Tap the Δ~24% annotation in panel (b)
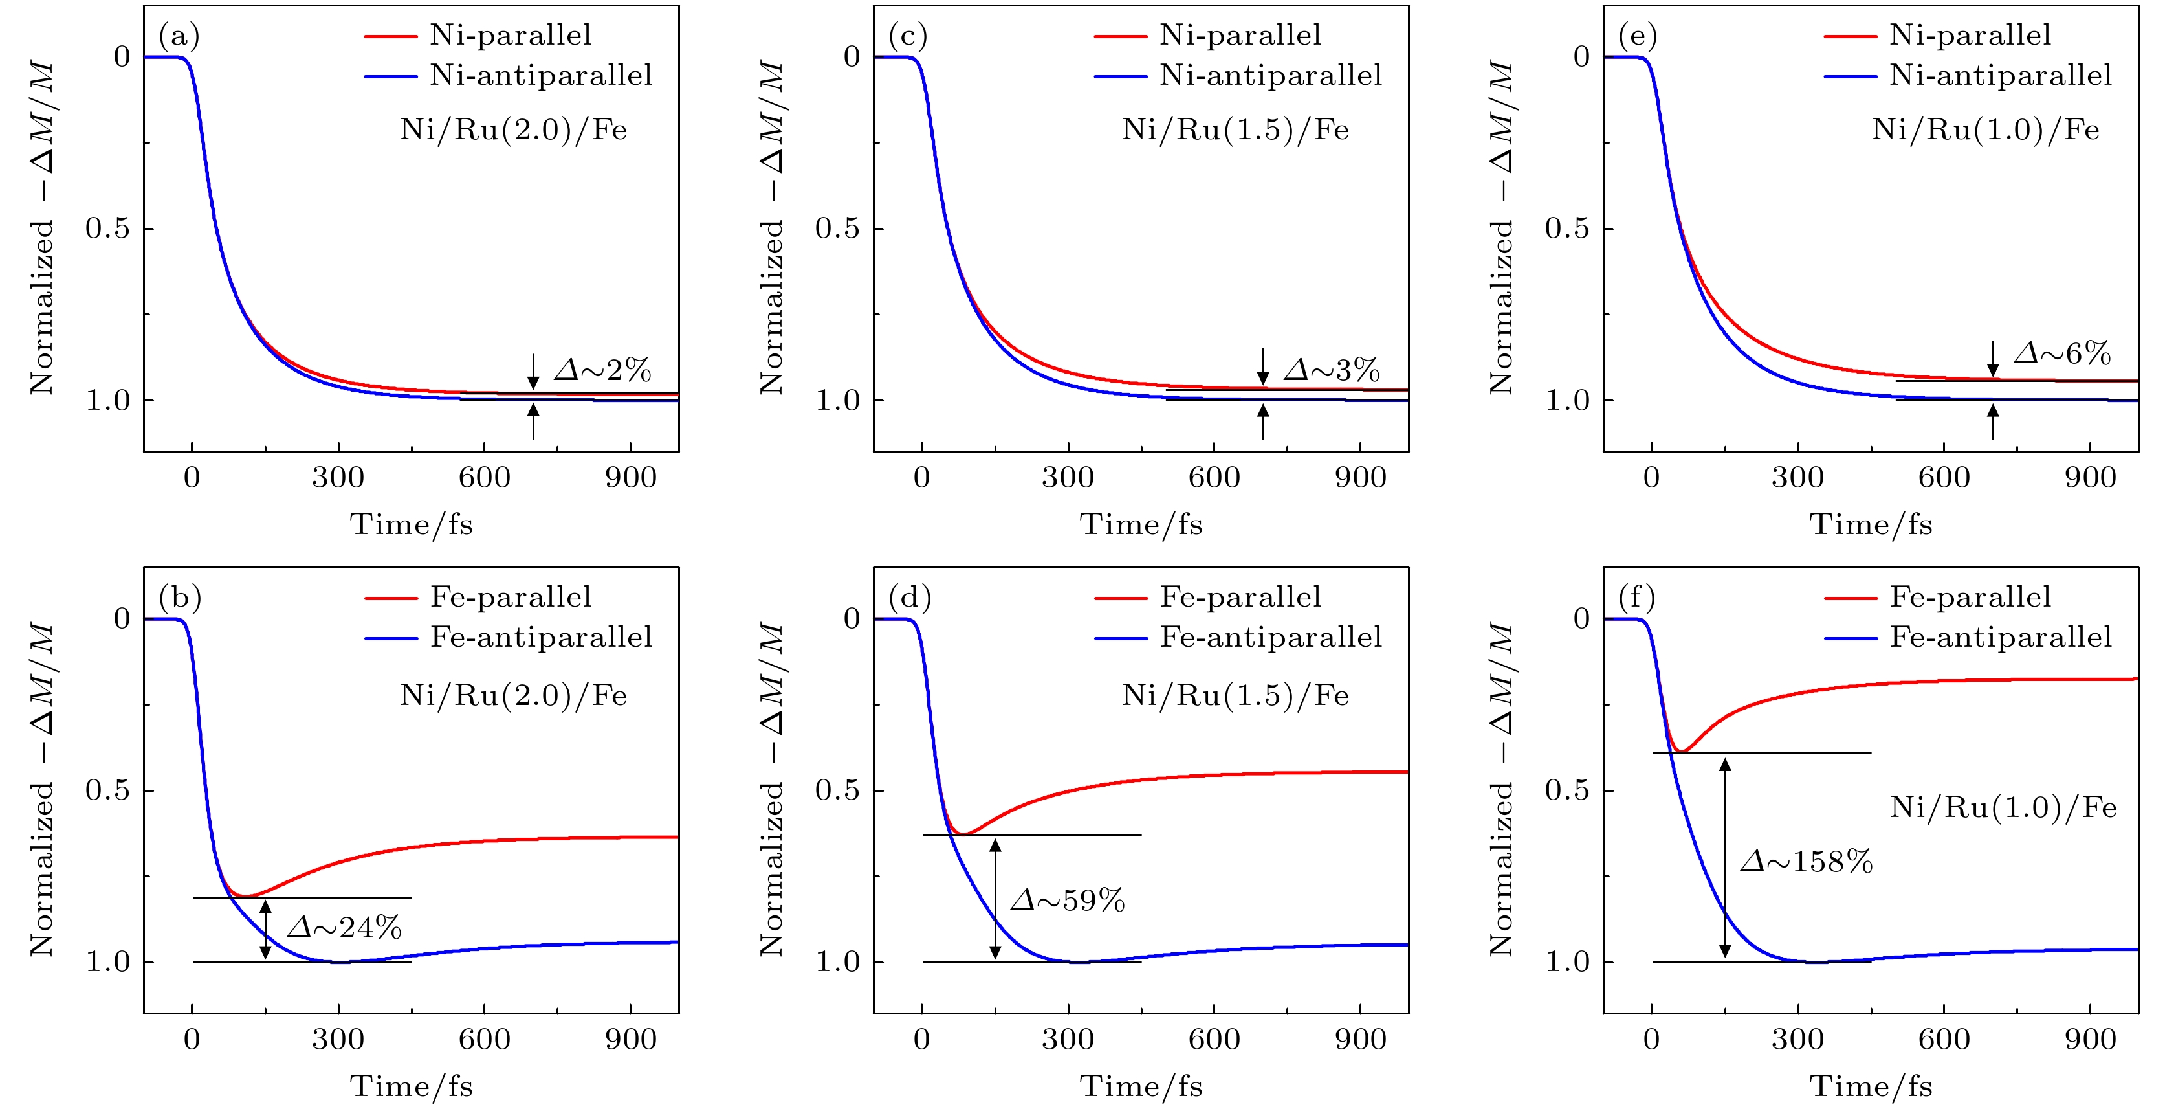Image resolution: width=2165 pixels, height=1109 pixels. click(344, 927)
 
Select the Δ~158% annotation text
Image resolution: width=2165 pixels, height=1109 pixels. click(1806, 862)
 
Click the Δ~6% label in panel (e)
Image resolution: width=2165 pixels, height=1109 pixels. click(2061, 353)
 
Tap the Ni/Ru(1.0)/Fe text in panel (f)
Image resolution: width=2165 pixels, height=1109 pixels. click(2003, 807)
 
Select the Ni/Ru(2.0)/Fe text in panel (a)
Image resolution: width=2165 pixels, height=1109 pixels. click(512, 129)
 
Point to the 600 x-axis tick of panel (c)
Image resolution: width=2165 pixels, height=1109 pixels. click(1214, 478)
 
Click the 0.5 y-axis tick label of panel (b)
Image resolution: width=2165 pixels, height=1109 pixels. click(107, 790)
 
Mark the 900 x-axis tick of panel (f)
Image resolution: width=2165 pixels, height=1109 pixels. click(2090, 1039)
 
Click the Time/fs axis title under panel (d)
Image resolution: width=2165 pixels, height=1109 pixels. click(1141, 1086)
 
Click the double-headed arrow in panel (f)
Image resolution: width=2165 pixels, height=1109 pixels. click(1724, 858)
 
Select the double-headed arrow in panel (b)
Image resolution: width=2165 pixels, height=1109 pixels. click(265, 929)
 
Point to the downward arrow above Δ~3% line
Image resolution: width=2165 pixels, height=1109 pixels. click(1262, 366)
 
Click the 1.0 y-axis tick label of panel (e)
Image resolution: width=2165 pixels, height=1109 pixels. click(1567, 400)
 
